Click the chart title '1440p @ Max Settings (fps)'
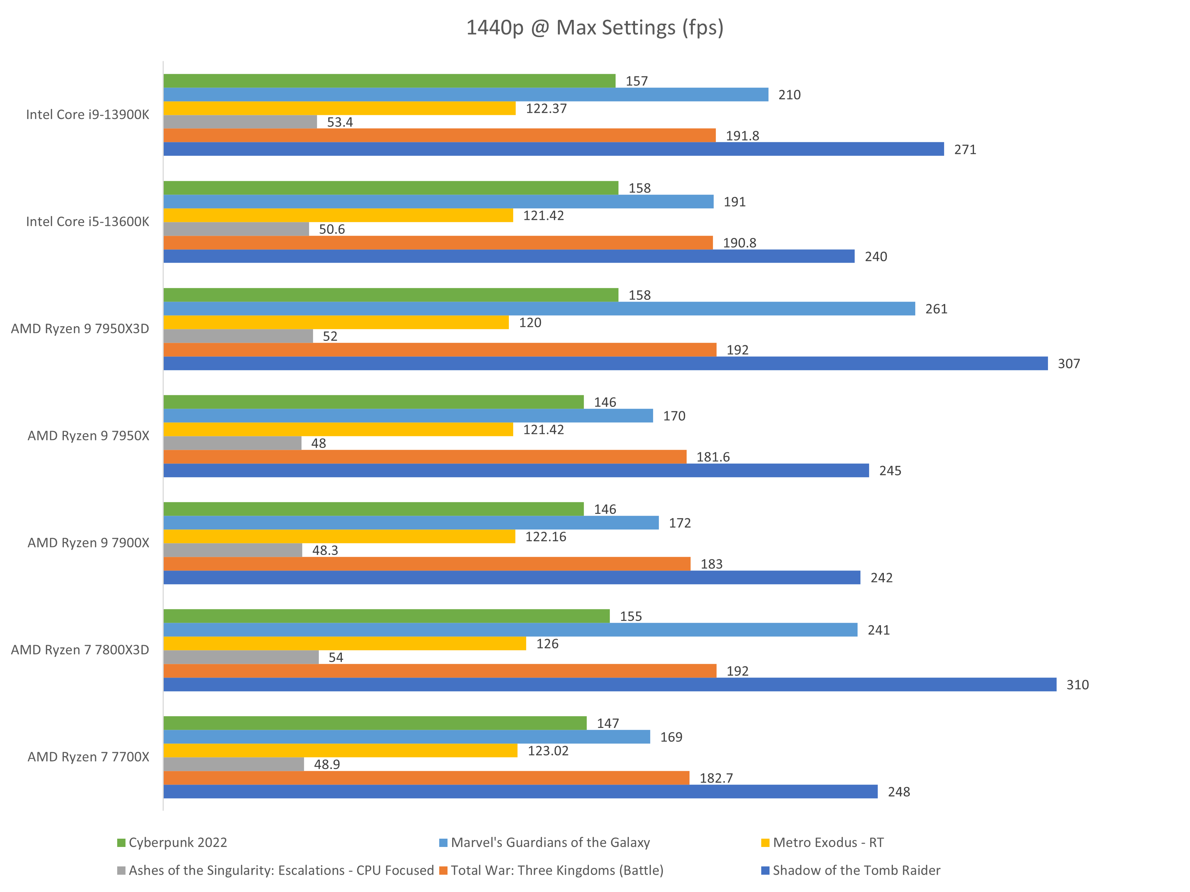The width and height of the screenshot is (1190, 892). [595, 27]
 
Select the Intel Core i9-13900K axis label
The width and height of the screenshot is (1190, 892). [88, 115]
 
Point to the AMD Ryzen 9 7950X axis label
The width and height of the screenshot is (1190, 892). [88, 435]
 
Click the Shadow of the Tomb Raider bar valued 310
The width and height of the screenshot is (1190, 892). [609, 684]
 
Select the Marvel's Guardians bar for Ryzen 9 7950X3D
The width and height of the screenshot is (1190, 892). [539, 309]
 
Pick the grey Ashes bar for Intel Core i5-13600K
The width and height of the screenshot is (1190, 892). [236, 229]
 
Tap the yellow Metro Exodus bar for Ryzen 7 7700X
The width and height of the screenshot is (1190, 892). [340, 751]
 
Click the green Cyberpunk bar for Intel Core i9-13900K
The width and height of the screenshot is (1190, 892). [389, 81]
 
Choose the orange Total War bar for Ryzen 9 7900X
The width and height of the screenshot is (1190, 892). [427, 563]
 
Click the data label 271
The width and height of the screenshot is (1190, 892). [965, 150]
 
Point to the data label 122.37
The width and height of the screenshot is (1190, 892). [546, 108]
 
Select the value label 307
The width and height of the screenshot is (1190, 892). [1068, 364]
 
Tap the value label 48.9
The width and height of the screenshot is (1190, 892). [327, 764]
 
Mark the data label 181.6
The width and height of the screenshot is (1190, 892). [713, 457]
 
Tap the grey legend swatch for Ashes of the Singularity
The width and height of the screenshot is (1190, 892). [122, 870]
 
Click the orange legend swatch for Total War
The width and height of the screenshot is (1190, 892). [443, 870]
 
